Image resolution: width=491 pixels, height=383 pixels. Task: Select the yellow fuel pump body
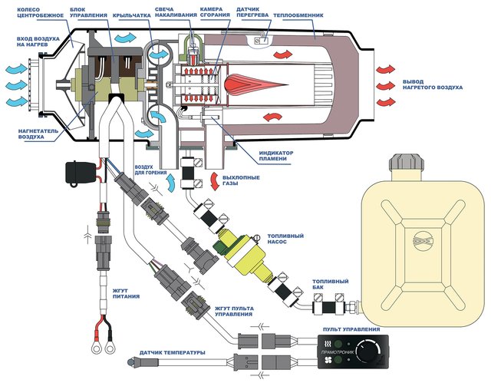246,253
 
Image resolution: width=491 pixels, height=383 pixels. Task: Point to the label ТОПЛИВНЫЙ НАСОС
285,239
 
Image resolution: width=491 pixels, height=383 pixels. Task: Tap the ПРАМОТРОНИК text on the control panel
338,352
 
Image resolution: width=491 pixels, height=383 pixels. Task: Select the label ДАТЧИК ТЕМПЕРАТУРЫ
172,352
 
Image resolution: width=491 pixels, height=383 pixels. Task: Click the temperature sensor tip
130,362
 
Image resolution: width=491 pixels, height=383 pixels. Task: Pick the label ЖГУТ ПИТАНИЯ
126,293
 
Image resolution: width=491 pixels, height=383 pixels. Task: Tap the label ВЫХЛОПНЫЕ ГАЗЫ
241,180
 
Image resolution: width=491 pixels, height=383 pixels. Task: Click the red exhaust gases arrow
215,181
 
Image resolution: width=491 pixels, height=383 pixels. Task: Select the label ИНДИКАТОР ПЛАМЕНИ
276,156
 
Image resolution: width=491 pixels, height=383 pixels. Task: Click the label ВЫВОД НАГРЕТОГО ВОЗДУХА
433,84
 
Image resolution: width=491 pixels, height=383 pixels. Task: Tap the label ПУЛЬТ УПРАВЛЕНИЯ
351,329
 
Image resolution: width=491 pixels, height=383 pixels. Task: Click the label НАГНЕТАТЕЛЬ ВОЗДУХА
38,134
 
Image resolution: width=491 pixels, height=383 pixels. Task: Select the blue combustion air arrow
170,183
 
